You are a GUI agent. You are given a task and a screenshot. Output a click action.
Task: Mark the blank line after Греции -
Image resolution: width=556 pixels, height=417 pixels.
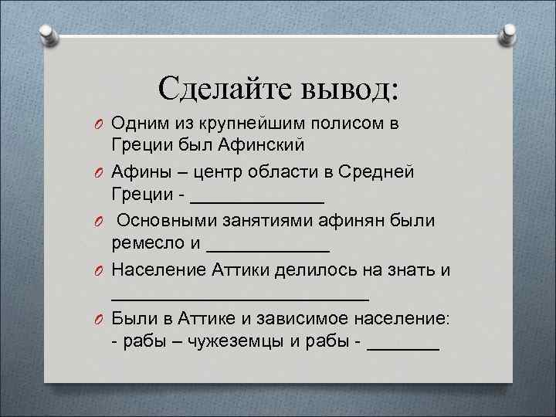pos(256,196)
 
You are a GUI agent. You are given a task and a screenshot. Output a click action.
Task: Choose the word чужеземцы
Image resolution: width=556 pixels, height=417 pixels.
pos(232,343)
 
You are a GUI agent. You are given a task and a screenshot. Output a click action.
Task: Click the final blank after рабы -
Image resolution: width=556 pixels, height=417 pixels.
pos(403,347)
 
